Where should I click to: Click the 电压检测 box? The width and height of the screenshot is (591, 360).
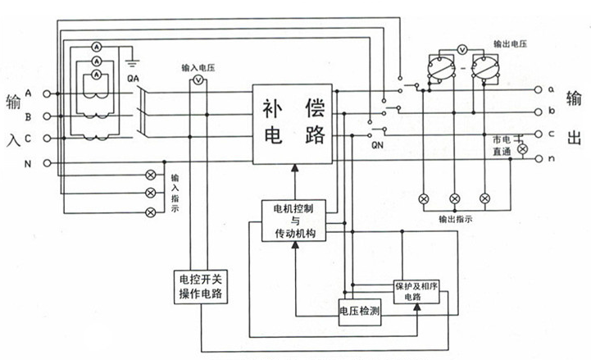(x=359, y=312)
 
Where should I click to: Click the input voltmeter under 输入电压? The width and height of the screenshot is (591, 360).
(x=197, y=81)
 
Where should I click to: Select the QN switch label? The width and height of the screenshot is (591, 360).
(x=378, y=145)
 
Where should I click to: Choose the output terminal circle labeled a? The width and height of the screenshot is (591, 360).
(x=539, y=89)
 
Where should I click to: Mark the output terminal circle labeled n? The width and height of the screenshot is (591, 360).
(x=539, y=157)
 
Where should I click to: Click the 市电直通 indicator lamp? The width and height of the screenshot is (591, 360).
(x=516, y=149)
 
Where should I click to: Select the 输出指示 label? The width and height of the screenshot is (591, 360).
(x=455, y=220)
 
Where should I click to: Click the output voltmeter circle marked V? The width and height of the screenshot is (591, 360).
(x=462, y=49)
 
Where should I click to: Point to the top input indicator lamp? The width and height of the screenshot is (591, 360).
(x=150, y=175)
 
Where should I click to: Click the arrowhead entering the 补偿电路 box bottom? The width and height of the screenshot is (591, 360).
(x=293, y=168)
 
